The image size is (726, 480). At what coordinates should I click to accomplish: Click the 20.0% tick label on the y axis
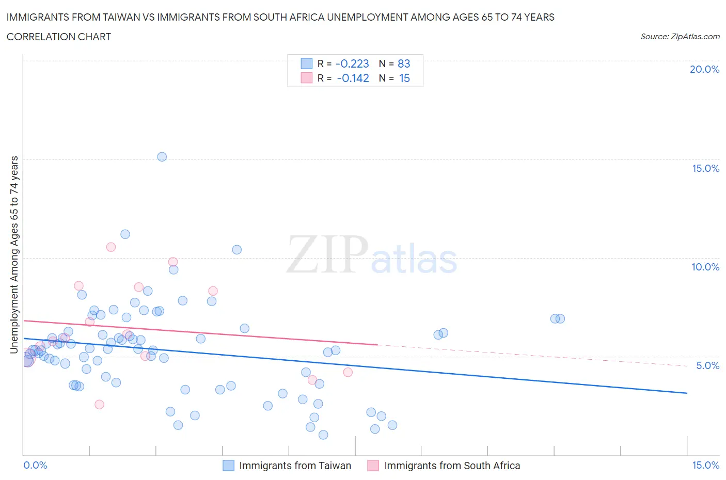704,69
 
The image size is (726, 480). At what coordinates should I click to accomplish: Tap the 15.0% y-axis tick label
705,168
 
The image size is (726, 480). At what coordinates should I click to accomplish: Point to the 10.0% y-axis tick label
705,267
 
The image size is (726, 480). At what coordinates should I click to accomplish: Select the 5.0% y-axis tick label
707,365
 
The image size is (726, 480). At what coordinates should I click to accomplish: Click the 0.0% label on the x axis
36,466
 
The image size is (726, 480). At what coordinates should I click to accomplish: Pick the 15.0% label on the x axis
705,466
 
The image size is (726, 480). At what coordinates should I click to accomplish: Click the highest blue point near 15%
162,157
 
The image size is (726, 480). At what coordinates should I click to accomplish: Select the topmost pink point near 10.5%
111,247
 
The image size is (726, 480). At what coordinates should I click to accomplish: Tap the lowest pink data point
99,405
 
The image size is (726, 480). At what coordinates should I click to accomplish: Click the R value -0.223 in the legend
352,64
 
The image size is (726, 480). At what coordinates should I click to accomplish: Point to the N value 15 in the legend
404,78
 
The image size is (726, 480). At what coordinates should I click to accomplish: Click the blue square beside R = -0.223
307,64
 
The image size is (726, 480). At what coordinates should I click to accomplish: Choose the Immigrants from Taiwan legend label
295,466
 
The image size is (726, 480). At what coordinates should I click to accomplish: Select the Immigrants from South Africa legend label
452,466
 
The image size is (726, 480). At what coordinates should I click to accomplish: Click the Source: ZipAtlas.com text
680,37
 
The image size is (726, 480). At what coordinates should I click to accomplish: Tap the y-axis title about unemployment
14,254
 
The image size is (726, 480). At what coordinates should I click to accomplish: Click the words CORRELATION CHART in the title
59,37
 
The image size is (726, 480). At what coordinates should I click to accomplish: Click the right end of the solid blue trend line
687,393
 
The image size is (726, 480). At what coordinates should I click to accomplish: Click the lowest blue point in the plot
323,435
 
